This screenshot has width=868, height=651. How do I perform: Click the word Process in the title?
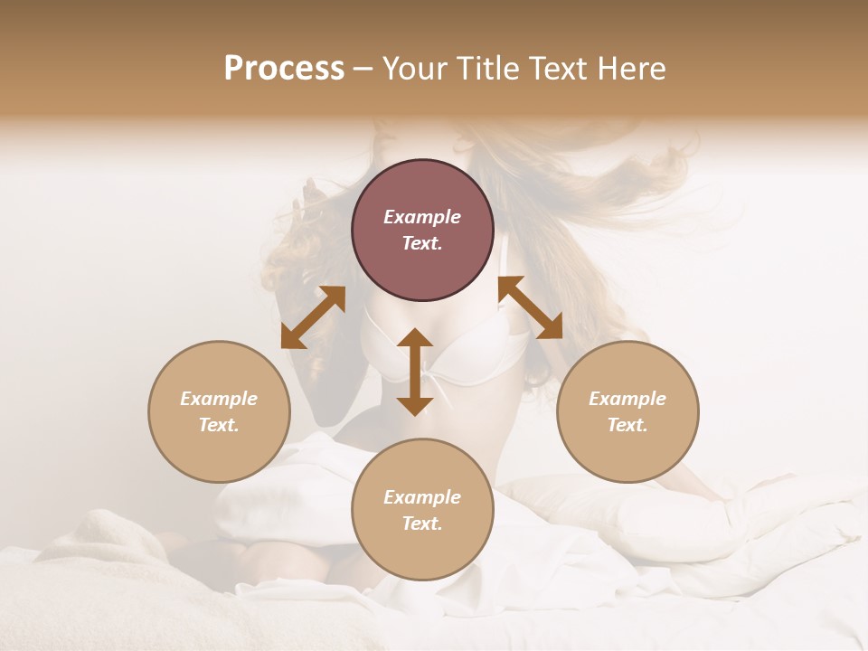(x=284, y=69)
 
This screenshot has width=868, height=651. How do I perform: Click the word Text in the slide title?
(x=561, y=69)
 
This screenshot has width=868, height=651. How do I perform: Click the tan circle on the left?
(x=219, y=411)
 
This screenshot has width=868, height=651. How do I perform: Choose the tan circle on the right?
(x=627, y=411)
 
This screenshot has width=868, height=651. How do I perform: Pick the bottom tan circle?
(x=422, y=510)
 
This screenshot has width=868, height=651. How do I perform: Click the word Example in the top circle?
(x=422, y=217)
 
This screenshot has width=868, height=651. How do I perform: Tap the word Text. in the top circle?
(x=422, y=243)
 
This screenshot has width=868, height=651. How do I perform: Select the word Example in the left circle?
(x=219, y=399)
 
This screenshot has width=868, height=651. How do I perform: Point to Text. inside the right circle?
(x=627, y=425)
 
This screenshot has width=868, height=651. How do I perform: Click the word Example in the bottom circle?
(x=422, y=497)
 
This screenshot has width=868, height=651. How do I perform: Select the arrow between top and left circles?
(x=313, y=317)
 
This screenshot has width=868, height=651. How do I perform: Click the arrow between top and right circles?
(x=531, y=307)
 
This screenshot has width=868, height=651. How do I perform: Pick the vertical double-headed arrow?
(x=415, y=372)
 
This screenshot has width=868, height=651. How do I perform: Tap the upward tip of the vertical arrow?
(x=415, y=332)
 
